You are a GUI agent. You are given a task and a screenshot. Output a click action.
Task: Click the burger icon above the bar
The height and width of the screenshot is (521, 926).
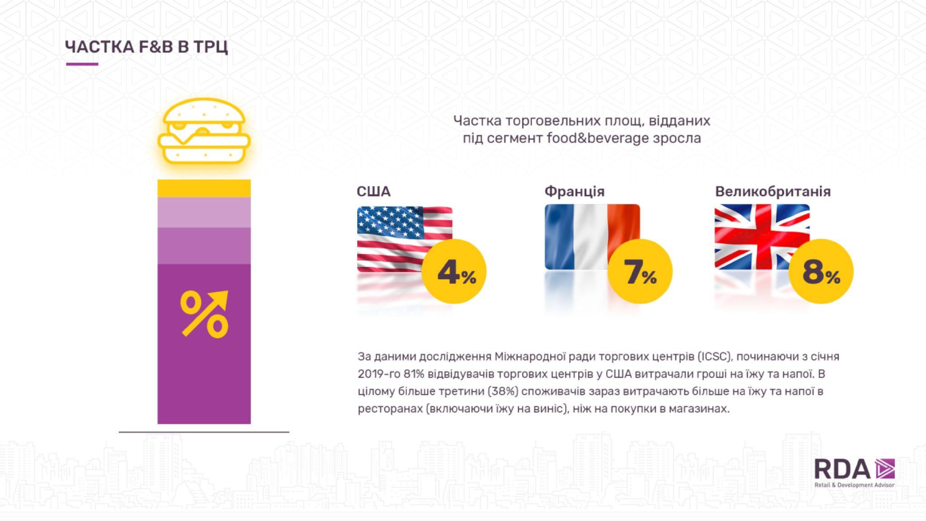click(204, 131)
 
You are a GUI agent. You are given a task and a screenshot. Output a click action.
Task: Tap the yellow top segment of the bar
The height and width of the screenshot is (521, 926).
click(204, 188)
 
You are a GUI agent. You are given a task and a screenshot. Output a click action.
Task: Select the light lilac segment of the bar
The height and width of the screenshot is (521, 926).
click(204, 213)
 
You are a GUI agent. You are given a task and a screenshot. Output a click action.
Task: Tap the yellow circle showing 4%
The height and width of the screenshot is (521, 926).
click(454, 272)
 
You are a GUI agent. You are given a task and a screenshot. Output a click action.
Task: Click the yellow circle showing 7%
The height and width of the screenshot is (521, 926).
click(640, 272)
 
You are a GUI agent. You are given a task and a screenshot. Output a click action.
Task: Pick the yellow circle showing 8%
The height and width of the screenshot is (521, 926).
click(821, 272)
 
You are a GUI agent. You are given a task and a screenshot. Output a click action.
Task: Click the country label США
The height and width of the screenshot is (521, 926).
click(373, 192)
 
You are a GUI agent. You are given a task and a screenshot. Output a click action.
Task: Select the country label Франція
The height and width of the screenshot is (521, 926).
click(574, 191)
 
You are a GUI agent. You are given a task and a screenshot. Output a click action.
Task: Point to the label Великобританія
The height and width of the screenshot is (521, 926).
click(773, 191)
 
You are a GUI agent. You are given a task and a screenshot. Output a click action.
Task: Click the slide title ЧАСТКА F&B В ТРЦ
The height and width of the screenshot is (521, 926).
click(146, 47)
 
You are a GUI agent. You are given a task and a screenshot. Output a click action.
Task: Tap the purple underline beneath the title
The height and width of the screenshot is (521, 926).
click(82, 64)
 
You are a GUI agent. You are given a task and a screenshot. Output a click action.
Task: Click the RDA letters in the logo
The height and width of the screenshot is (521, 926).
click(842, 469)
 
